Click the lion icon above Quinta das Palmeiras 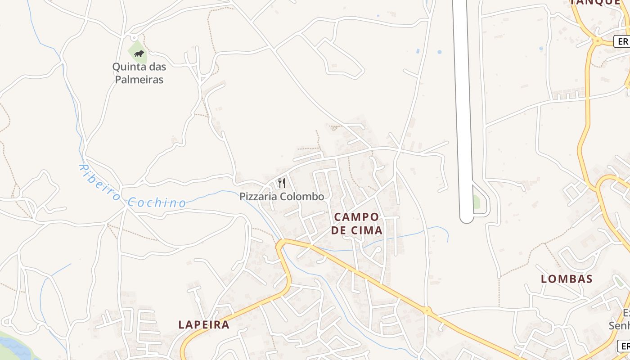point(139,54)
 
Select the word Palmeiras point(139,80)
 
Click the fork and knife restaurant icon point(282,183)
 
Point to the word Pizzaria point(258,197)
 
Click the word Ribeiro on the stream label point(99,182)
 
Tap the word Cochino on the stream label point(157,203)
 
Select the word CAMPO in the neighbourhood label point(356,217)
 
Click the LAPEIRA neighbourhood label point(204,324)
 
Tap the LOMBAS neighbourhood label point(567,279)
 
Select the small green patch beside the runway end point(476,202)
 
